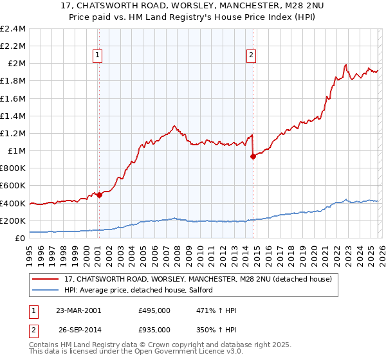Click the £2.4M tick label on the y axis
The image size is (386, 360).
[13, 29]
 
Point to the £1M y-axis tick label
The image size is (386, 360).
[17, 151]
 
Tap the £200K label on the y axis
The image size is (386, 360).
[13, 221]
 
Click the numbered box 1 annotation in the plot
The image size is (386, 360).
[97, 56]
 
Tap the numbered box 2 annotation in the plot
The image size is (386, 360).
[251, 56]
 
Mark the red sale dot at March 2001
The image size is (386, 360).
[100, 195]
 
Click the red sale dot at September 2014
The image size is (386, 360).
[253, 156]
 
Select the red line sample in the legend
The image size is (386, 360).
[46, 279]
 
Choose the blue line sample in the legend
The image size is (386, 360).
[46, 290]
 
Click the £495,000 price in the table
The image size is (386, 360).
[154, 310]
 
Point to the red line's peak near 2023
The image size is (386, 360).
[346, 64]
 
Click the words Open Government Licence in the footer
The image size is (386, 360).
[172, 352]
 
